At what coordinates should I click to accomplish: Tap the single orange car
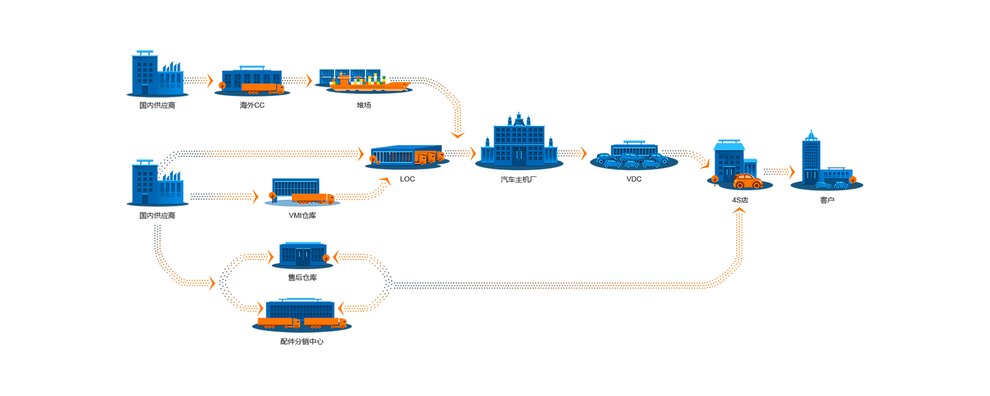pos(748,181)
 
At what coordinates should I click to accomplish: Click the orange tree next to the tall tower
pos(856,179)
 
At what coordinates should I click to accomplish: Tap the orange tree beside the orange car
pos(714,180)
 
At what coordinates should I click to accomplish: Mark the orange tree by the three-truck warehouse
pos(373,160)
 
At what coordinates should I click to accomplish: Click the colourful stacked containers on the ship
pos(363,76)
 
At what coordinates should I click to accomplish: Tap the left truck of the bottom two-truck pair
pos(284,323)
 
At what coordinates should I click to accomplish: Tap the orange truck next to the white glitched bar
pos(313,200)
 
